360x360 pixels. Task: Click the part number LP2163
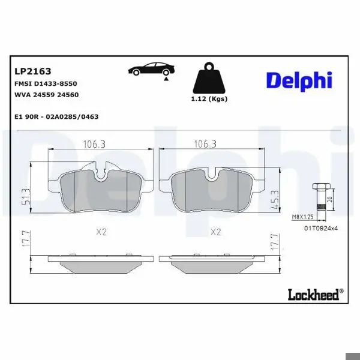[33, 71]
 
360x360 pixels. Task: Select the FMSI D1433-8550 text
[46, 83]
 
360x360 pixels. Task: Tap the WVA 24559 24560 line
[47, 95]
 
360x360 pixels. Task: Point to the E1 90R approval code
[56, 116]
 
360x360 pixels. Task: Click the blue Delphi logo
[299, 81]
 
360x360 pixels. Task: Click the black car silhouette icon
[151, 68]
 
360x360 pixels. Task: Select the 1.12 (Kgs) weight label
[209, 99]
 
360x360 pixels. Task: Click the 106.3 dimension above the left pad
[94, 145]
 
